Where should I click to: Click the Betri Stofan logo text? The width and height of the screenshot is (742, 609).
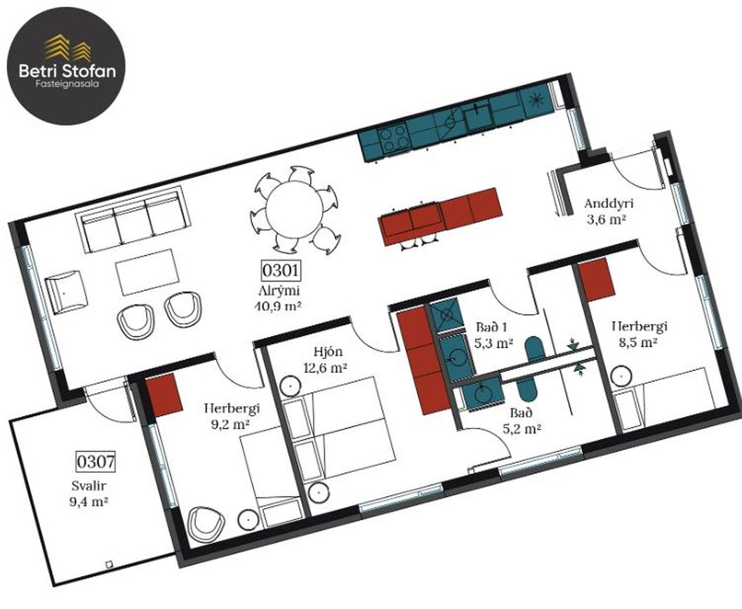pos(67,71)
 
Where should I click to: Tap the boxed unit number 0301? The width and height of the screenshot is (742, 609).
pos(280,270)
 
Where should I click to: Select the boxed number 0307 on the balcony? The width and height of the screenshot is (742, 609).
pos(96,461)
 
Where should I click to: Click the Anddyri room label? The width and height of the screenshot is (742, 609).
pos(609,204)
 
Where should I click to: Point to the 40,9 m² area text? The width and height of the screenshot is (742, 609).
pos(279,306)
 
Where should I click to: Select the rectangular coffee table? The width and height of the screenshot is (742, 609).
pos(147,273)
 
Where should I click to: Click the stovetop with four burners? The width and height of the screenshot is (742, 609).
pos(394,137)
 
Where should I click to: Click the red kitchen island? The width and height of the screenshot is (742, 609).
pos(439,216)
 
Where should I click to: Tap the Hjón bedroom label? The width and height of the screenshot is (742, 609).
pos(328,351)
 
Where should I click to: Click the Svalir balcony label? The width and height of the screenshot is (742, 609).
pos(88,485)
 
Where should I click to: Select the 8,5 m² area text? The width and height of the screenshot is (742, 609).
pos(639,341)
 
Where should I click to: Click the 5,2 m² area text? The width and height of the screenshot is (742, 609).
pos(522,428)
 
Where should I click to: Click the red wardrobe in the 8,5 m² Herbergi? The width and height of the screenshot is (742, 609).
pos(596,280)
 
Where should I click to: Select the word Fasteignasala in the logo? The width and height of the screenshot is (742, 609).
pos(67,84)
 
